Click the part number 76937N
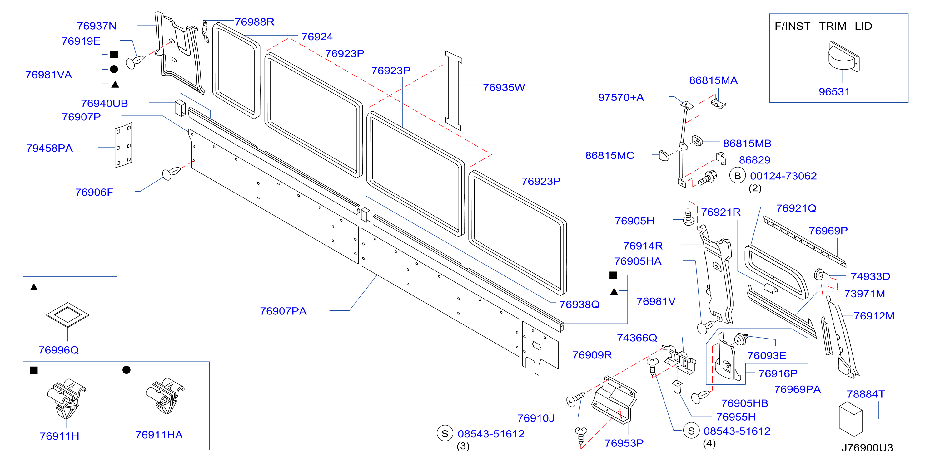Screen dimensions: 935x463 tap(97, 26)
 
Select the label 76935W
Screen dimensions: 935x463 tap(504, 87)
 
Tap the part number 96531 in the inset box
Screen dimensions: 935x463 tap(834, 92)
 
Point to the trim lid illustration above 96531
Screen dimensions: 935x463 tap(843, 56)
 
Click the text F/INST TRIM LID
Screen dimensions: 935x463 tap(823, 26)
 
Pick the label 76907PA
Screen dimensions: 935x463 tap(283, 311)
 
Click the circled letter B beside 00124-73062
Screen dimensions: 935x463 tap(737, 176)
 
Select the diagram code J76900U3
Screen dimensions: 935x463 tap(867, 448)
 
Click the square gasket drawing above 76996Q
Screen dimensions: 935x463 tap(67, 315)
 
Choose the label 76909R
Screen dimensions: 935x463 tap(592, 355)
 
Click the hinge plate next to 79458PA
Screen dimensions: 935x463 tap(123, 145)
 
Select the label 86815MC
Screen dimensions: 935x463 tap(609, 156)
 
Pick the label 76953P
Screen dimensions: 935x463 tap(624, 443)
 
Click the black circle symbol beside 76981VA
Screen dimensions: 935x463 tap(114, 69)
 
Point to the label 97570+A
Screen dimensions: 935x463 tap(621, 98)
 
